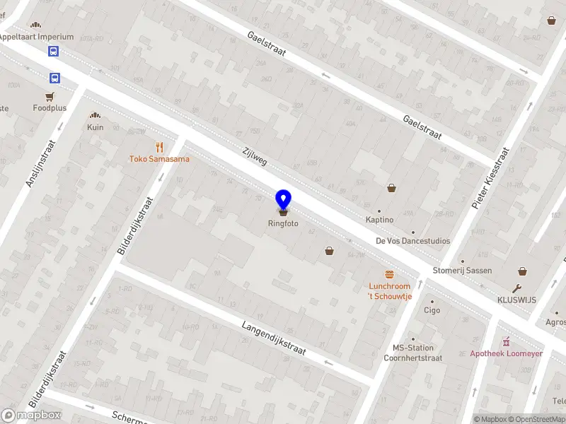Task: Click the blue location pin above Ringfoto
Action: pos(283,199)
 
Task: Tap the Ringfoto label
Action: pos(283,223)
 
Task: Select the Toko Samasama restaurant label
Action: pos(159,159)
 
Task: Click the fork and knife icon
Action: pos(159,147)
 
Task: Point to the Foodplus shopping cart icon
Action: pos(50,97)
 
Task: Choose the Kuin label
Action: pos(95,127)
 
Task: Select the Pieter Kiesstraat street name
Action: pos(490,177)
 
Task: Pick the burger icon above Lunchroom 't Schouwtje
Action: pos(389,274)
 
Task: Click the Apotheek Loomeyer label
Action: pos(506,353)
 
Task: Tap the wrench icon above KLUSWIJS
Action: pos(518,288)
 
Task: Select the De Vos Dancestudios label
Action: pos(412,241)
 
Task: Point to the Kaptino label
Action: pos(380,220)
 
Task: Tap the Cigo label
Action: pos(432,310)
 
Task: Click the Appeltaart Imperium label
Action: pos(36,37)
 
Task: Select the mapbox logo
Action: pos(32,416)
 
